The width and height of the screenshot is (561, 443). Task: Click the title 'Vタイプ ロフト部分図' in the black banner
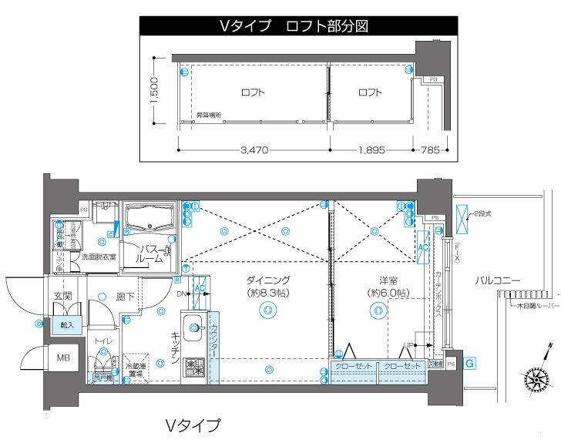pyautogui.click(x=293, y=26)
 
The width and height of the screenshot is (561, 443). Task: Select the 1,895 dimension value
pyautogui.click(x=371, y=150)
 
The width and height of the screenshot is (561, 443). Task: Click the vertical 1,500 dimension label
pyautogui.click(x=154, y=91)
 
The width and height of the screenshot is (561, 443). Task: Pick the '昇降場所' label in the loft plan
pyautogui.click(x=208, y=116)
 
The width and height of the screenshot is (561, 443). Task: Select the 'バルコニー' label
pyautogui.click(x=497, y=280)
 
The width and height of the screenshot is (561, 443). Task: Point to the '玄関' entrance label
pyautogui.click(x=62, y=295)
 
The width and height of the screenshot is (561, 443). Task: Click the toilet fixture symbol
pyautogui.click(x=102, y=361)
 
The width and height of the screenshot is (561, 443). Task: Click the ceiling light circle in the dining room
pyautogui.click(x=267, y=310)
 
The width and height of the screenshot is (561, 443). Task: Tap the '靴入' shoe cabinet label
pyautogui.click(x=68, y=326)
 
